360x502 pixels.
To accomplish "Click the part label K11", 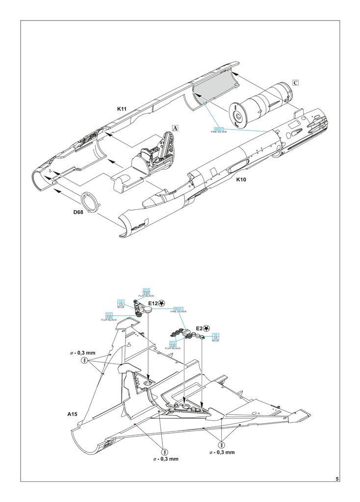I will (123, 108).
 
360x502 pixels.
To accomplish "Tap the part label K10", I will (241, 179).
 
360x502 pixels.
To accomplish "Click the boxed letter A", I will (175, 127).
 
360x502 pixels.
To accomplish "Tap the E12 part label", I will (153, 304).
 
